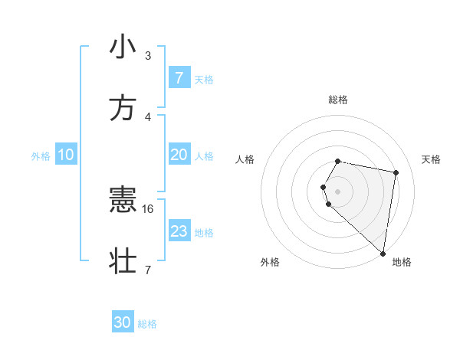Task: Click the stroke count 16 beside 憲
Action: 149,208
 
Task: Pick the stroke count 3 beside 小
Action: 148,56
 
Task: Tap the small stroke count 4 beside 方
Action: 148,117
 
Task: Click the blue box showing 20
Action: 179,155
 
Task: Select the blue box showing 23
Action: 179,231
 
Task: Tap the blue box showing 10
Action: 66,155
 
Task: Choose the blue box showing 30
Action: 123,322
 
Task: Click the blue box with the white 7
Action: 179,78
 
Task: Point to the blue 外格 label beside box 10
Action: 41,155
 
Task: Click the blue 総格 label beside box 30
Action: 147,323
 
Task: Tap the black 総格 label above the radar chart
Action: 338,100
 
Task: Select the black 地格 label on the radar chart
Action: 402,262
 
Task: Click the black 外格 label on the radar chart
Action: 270,262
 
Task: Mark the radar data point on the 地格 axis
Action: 383,253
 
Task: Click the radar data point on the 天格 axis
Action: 396,173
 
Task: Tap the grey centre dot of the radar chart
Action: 338,191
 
